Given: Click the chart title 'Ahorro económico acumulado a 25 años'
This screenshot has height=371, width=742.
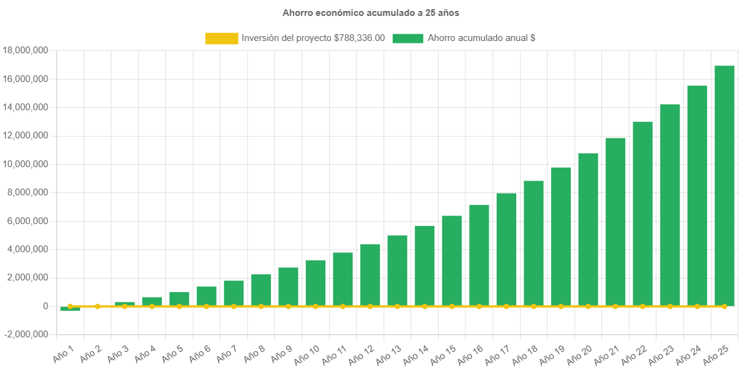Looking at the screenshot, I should tap(370, 12).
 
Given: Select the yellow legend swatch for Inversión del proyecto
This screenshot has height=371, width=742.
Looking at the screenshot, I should tap(221, 38).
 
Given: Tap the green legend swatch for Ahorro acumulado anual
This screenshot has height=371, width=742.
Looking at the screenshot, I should tap(407, 38).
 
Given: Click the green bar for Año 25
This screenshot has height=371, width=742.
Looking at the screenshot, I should tap(724, 184).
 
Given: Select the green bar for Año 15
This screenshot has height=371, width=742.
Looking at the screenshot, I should tap(451, 260).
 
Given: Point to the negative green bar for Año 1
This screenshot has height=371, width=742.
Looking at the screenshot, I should tap(70, 309).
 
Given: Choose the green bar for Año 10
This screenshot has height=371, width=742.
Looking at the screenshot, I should tap(316, 282).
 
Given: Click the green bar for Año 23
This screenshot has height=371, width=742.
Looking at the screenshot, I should tap(670, 204).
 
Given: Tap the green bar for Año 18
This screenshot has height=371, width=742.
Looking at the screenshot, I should tap(533, 242).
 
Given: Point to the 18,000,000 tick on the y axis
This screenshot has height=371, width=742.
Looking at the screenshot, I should tap(26, 50).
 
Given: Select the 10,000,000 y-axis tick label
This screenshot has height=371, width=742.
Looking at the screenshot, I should tap(26, 164).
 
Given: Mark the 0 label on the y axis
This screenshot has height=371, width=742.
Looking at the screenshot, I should tap(45, 306).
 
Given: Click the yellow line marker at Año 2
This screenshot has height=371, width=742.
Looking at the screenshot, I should tap(97, 306).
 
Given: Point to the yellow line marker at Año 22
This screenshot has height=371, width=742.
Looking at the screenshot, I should tap(642, 306).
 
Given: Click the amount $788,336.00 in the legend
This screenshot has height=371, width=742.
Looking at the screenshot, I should tap(360, 38).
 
